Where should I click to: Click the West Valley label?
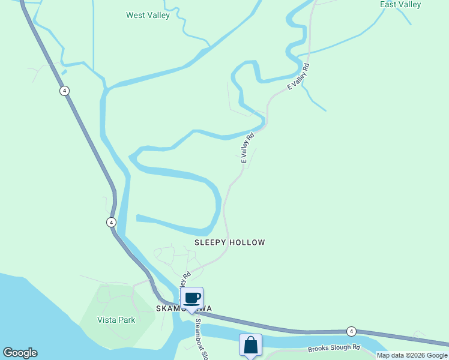(x=148, y=15)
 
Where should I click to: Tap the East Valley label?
(x=400, y=5)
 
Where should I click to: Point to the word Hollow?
(x=248, y=242)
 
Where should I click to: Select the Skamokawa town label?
(x=184, y=308)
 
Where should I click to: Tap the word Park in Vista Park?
(x=127, y=320)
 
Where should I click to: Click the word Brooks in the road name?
(x=320, y=348)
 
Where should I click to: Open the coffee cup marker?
(x=192, y=298)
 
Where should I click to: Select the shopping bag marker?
(x=250, y=345)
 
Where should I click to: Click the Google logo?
(x=20, y=353)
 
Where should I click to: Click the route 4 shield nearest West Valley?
(x=64, y=91)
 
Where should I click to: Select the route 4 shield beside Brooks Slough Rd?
(x=352, y=331)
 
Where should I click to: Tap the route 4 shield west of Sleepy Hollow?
(x=111, y=222)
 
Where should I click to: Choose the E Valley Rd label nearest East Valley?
(x=298, y=76)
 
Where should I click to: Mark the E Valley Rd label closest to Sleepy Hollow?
(x=247, y=148)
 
